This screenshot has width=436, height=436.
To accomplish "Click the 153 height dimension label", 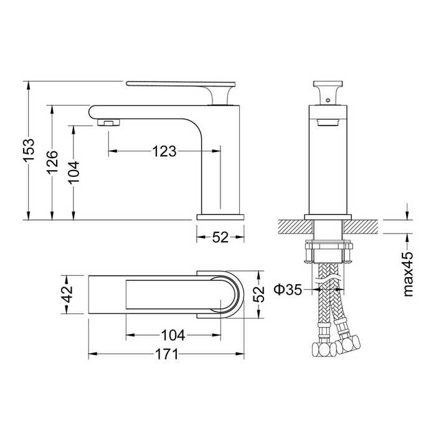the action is (x=29, y=150).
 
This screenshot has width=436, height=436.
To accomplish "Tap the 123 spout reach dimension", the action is (x=164, y=151).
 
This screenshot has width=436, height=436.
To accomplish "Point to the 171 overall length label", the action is (x=166, y=354).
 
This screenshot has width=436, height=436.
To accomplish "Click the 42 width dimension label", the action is (x=67, y=294).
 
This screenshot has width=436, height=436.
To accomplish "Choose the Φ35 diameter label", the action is (x=288, y=290).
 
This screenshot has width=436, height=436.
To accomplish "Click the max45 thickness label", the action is (x=407, y=275).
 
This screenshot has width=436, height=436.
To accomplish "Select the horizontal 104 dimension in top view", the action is (x=173, y=335).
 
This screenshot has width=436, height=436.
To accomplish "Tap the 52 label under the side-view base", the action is (x=220, y=237).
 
